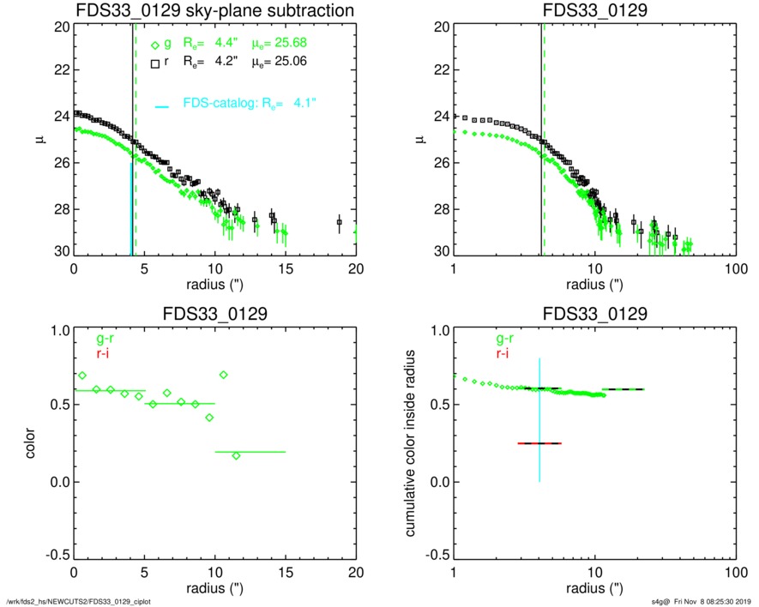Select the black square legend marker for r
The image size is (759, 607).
(155, 63)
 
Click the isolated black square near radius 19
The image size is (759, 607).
(339, 222)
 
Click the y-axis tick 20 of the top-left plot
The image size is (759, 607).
(61, 27)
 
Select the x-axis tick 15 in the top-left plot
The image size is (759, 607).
(286, 267)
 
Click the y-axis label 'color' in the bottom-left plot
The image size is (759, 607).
(33, 443)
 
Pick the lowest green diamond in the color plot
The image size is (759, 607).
(236, 455)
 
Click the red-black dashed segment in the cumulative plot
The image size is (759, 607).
(539, 443)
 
